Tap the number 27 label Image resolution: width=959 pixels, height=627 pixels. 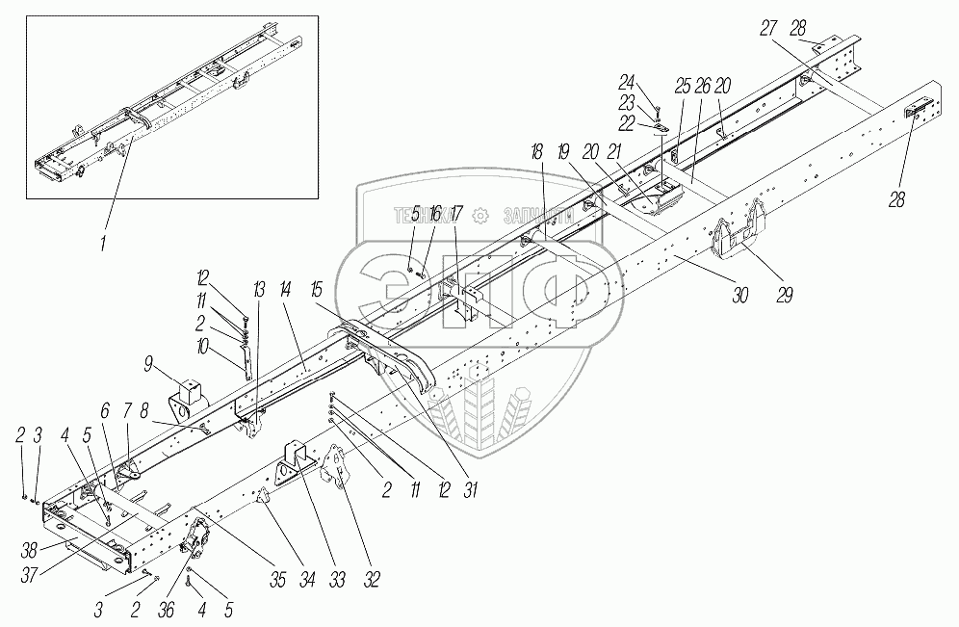[767, 30]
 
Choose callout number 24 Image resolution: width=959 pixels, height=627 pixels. [655, 81]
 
